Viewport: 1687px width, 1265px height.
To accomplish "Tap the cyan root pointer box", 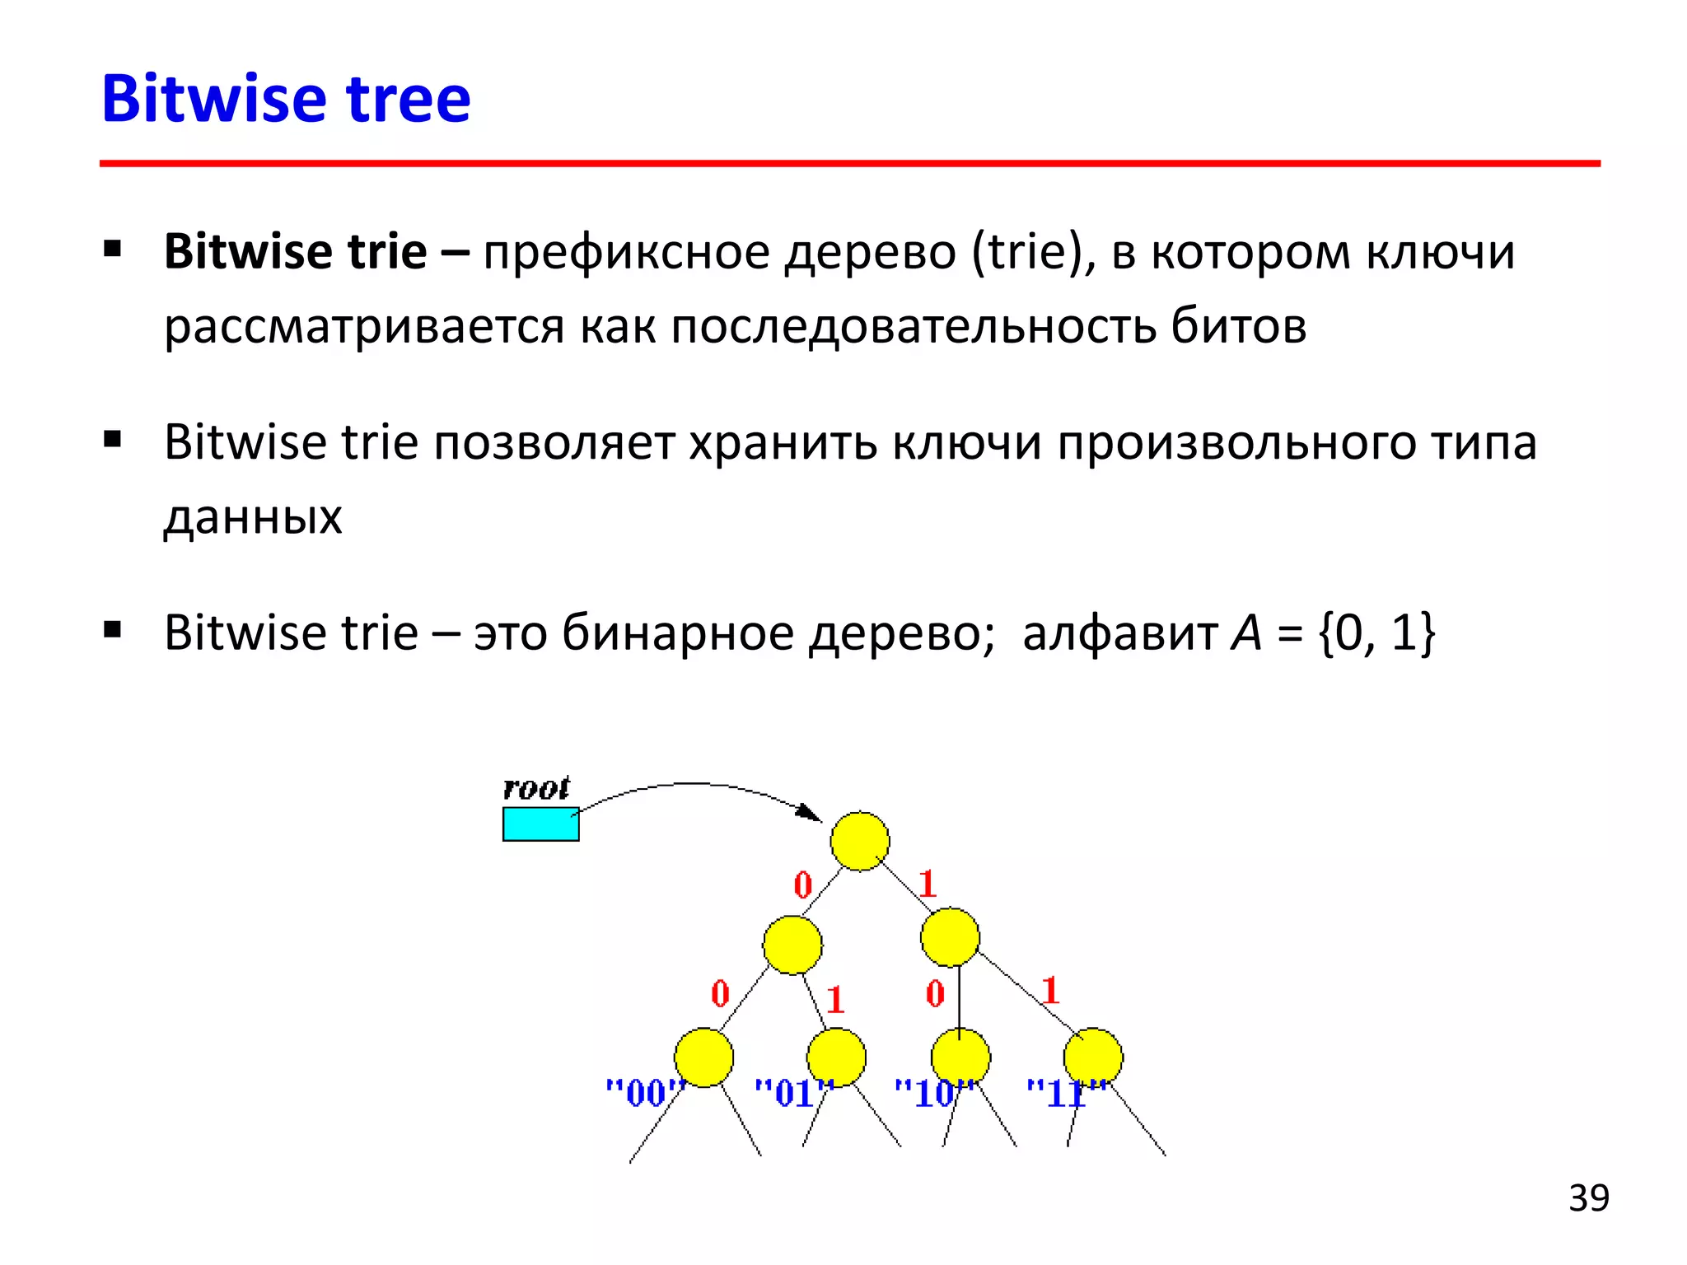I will (x=540, y=824).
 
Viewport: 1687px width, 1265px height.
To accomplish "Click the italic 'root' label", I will (x=536, y=788).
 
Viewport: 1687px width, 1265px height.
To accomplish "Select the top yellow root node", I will (x=859, y=841).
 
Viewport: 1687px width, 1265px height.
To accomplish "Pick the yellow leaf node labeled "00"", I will (x=703, y=1057).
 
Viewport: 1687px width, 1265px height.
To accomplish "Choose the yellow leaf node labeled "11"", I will (x=1092, y=1057).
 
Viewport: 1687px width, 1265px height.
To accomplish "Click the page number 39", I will (x=1588, y=1198).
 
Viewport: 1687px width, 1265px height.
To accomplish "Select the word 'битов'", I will (x=1239, y=326).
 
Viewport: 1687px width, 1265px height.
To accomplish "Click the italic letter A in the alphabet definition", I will (x=1246, y=633).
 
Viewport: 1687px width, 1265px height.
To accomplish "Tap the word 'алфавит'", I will (x=1119, y=633).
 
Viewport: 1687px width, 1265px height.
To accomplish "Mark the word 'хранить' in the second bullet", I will (x=783, y=443).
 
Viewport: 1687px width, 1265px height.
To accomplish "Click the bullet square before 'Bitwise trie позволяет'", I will (x=113, y=439).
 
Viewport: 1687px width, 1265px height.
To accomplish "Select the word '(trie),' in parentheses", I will (x=1034, y=252).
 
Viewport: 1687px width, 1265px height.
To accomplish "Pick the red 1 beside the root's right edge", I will (x=928, y=885).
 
